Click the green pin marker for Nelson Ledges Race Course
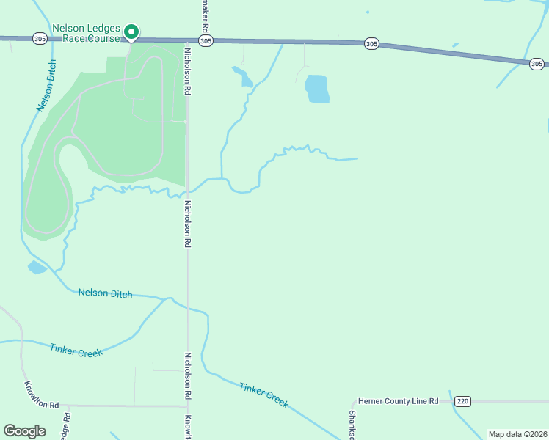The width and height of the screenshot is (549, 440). [x=131, y=32]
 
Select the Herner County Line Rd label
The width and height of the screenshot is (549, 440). [x=398, y=401]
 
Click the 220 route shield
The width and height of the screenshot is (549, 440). [x=461, y=401]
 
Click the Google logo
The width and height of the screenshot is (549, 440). [x=24, y=431]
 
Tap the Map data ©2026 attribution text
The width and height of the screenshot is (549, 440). [x=517, y=434]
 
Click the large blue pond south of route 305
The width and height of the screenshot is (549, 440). [x=317, y=89]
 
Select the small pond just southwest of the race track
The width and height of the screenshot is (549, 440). [x=37, y=267]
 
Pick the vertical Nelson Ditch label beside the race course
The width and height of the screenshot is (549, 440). [x=46, y=86]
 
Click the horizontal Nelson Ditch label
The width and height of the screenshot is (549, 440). [x=106, y=294]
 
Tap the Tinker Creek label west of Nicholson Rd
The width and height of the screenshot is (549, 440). [x=76, y=350]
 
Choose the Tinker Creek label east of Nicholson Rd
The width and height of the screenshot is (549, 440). [x=263, y=395]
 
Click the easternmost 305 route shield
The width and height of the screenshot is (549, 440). [x=537, y=64]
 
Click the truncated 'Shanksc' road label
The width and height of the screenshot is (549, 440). [x=352, y=424]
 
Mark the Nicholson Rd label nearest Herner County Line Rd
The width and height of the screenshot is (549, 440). [x=188, y=375]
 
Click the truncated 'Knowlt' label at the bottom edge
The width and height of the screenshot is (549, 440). [x=188, y=428]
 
